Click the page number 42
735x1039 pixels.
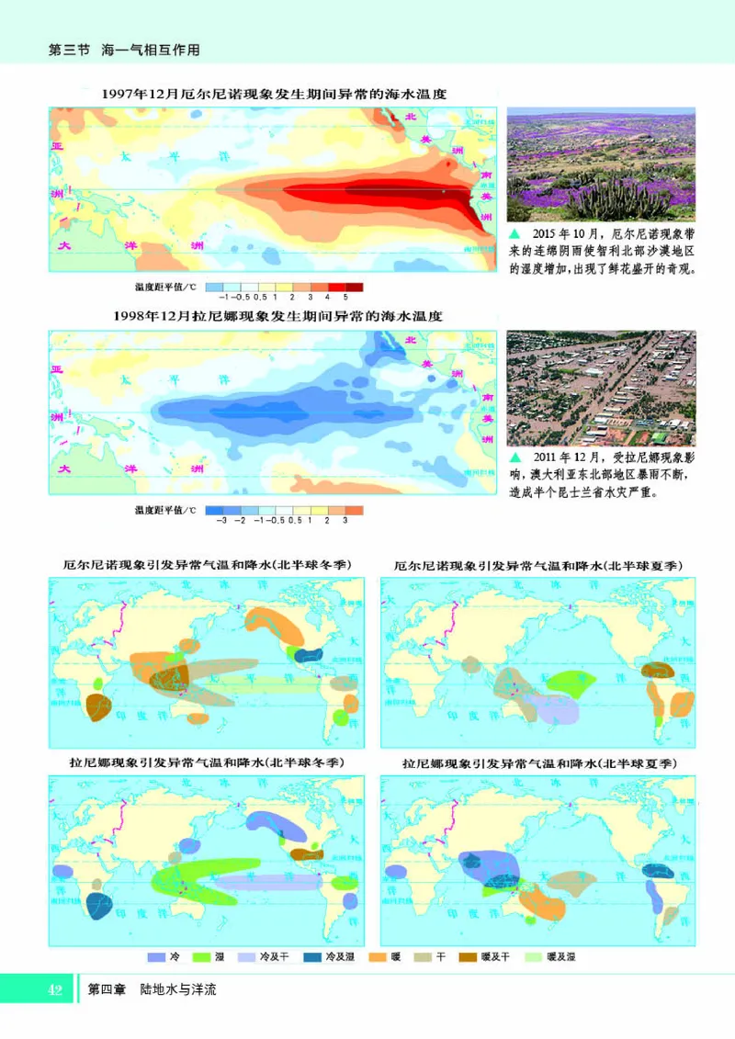(54, 989)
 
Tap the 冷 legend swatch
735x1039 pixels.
(155, 956)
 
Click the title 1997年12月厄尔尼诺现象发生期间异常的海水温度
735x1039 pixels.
(276, 94)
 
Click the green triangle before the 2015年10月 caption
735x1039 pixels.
(514, 234)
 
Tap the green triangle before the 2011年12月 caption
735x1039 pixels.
(514, 457)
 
